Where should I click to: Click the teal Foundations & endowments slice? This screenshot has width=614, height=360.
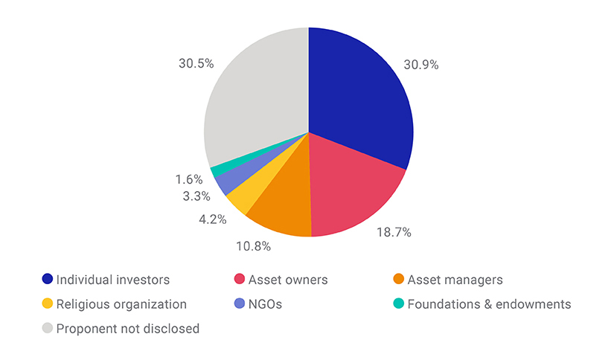(x=217, y=170)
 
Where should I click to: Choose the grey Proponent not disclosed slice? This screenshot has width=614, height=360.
(x=253, y=97)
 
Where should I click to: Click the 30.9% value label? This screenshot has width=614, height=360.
(x=420, y=65)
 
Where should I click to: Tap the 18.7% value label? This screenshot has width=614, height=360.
(x=393, y=233)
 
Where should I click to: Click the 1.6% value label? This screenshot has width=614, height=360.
(x=188, y=179)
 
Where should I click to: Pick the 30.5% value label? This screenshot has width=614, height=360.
(x=196, y=64)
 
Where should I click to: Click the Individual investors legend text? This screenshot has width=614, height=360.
(x=114, y=280)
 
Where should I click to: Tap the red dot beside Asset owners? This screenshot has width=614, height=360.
(x=239, y=280)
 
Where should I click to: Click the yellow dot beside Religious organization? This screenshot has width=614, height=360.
(x=48, y=304)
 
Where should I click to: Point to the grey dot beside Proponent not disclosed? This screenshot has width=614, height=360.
(x=48, y=328)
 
